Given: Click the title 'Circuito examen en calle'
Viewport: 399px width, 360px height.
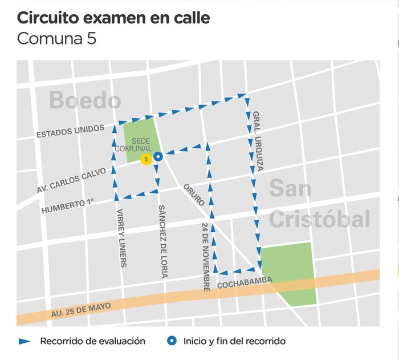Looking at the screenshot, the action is pyautogui.click(x=113, y=18).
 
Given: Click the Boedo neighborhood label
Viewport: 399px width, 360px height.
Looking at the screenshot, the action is pyautogui.click(x=85, y=100).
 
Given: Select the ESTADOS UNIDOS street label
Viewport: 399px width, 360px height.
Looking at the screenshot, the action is pyautogui.click(x=70, y=132).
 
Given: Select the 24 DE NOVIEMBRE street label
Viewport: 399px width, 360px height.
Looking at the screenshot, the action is pyautogui.click(x=206, y=257).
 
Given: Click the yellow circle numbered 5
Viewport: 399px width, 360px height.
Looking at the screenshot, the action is pyautogui.click(x=146, y=160).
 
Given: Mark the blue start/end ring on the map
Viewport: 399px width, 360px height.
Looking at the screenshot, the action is pyautogui.click(x=159, y=156).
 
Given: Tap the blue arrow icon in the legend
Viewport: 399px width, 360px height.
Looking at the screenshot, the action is pyautogui.click(x=25, y=341).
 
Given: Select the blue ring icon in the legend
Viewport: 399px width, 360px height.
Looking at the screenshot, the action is pyautogui.click(x=171, y=341).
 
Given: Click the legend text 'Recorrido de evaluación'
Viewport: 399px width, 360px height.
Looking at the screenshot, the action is pyautogui.click(x=92, y=341).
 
